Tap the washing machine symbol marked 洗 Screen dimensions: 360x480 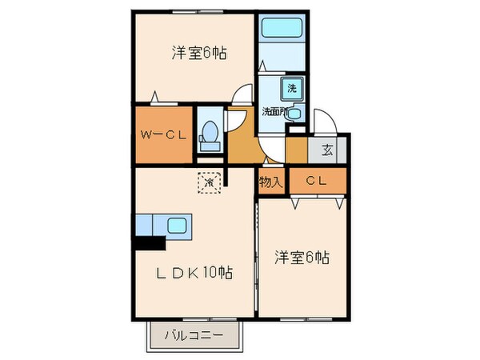click(291, 88)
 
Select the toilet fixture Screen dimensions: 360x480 click(210, 133)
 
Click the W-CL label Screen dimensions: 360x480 click(163, 134)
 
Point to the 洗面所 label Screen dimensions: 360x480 click(274, 112)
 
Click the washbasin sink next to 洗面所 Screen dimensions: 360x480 click(294, 114)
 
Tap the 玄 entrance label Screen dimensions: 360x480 click(329, 150)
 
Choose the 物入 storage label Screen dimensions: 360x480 click(270, 182)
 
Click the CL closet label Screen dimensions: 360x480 click(317, 182)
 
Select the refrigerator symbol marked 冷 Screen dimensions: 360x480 click(210, 182)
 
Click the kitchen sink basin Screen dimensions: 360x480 click(177, 225)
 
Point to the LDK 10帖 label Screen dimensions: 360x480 click(194, 273)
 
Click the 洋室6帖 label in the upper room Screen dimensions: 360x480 click(198, 54)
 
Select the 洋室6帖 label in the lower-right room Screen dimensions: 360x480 click(302, 258)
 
